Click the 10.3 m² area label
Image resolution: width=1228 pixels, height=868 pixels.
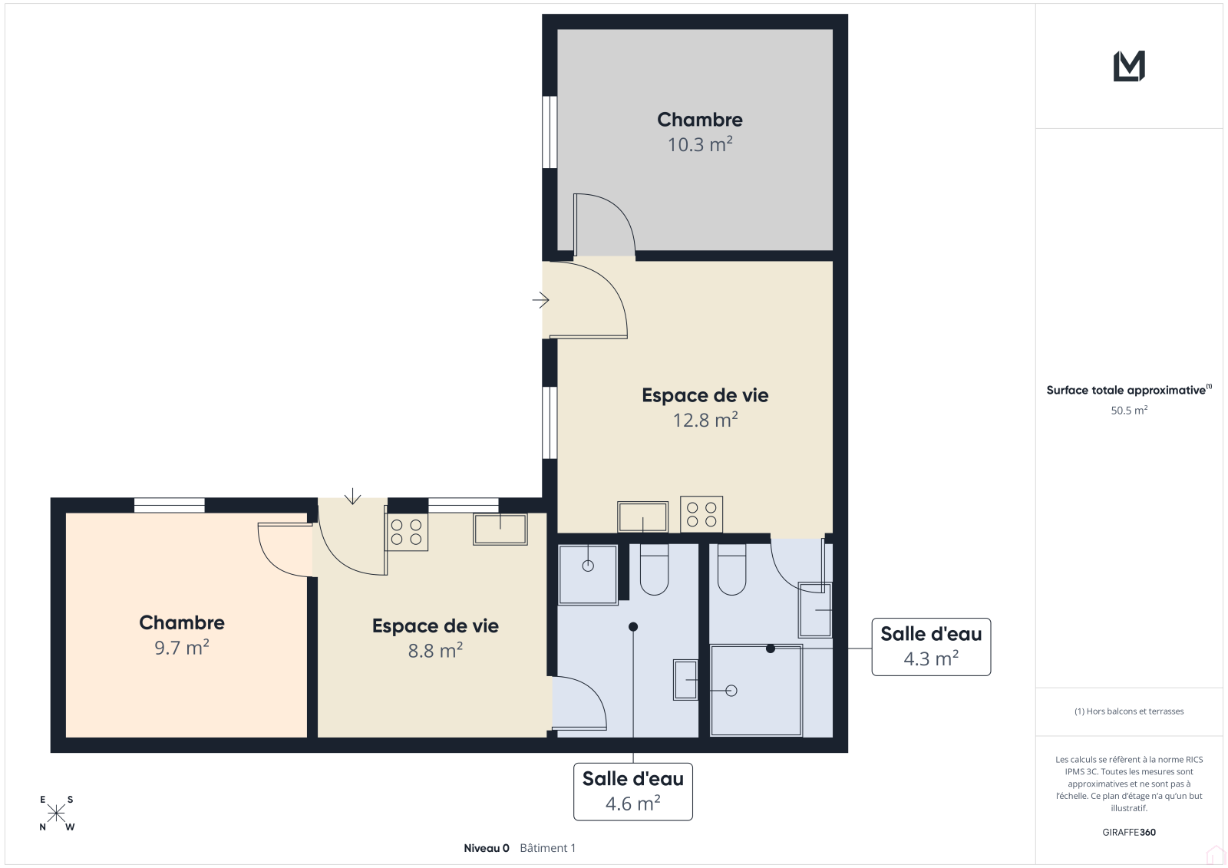click(699, 144)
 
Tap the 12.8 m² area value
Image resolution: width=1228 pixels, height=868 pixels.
click(705, 420)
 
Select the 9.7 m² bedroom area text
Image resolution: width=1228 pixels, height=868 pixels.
click(181, 648)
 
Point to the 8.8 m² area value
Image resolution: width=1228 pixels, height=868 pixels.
click(435, 651)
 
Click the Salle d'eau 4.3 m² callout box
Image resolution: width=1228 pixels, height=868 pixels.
click(931, 647)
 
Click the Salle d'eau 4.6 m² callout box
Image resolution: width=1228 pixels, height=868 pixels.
click(632, 792)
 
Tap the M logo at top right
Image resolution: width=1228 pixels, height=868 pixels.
click(1129, 66)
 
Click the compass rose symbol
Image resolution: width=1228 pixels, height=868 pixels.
click(57, 814)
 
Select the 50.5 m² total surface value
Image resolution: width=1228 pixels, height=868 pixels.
click(1129, 410)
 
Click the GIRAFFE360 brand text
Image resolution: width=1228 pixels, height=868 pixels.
click(1129, 832)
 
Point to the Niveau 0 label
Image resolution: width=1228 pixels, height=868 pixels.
click(487, 848)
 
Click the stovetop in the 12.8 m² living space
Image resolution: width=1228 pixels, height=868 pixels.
click(701, 514)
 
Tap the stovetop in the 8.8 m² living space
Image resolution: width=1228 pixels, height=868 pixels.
click(406, 532)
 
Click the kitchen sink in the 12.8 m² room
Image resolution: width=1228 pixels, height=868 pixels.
click(642, 517)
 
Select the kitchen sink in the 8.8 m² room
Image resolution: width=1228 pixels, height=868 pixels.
click(500, 529)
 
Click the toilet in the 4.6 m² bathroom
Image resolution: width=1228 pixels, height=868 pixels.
click(654, 569)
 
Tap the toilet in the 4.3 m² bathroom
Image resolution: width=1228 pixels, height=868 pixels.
click(731, 569)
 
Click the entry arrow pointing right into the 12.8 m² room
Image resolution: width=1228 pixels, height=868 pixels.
click(540, 300)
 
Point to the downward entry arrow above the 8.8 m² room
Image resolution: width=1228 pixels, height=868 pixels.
click(352, 497)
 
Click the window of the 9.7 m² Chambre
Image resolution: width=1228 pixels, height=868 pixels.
click(170, 505)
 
